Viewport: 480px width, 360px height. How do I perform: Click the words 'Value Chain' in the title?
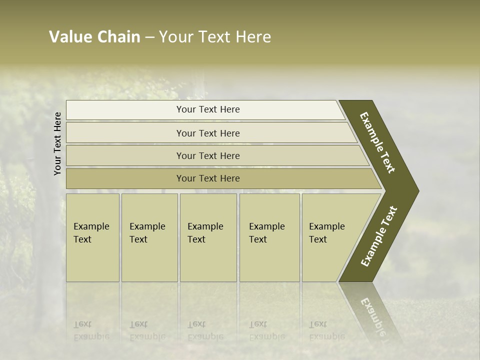click(x=94, y=37)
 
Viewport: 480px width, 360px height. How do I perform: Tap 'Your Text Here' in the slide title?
click(x=215, y=37)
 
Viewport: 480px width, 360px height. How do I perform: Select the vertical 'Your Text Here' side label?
click(x=57, y=143)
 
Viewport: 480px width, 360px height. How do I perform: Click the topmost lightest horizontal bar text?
click(x=208, y=109)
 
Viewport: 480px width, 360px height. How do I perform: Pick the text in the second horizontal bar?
click(x=208, y=133)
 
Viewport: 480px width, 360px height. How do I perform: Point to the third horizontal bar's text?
click(x=208, y=156)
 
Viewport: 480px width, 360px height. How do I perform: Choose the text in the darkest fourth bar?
click(x=208, y=178)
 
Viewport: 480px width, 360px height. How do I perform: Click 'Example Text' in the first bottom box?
click(x=91, y=233)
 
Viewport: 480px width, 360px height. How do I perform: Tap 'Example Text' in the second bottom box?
click(x=147, y=233)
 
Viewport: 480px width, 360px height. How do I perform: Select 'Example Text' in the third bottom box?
click(x=205, y=233)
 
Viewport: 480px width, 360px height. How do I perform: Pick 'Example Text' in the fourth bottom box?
click(x=266, y=233)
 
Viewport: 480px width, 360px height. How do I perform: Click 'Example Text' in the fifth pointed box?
click(x=326, y=233)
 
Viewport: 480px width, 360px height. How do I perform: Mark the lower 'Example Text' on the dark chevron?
click(x=379, y=236)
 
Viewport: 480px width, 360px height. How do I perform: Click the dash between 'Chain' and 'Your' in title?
click(x=149, y=37)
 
